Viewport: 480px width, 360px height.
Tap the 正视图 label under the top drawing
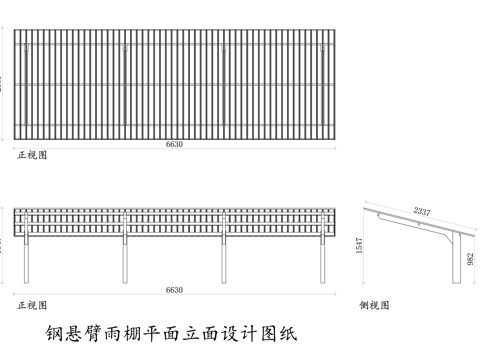point(31,156)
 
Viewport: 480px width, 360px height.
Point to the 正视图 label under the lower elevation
point(31,303)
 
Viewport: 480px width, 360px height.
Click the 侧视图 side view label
point(376,303)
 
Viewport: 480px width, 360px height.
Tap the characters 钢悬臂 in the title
point(70,330)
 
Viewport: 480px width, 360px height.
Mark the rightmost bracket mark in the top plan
point(321,46)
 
